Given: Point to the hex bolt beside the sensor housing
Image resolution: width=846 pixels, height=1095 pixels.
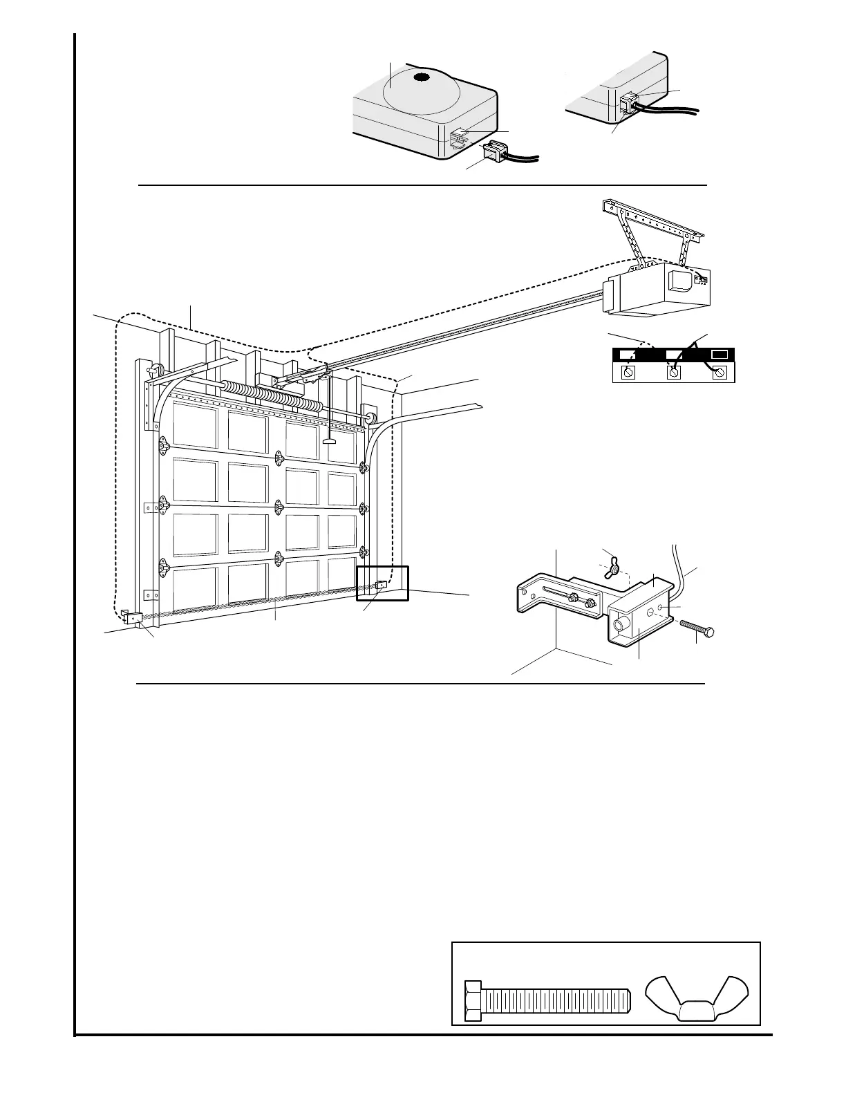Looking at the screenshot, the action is [x=697, y=628].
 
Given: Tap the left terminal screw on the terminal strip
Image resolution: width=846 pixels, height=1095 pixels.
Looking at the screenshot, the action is [x=629, y=372].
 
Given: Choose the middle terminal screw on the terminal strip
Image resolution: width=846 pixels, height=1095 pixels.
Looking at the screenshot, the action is [x=674, y=373].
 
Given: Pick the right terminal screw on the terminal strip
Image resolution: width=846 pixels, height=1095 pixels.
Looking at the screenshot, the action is [x=720, y=372].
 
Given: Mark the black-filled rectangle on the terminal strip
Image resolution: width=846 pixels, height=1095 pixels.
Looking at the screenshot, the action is [x=720, y=354].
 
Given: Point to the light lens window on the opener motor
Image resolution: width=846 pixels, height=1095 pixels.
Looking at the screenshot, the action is [x=678, y=281].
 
